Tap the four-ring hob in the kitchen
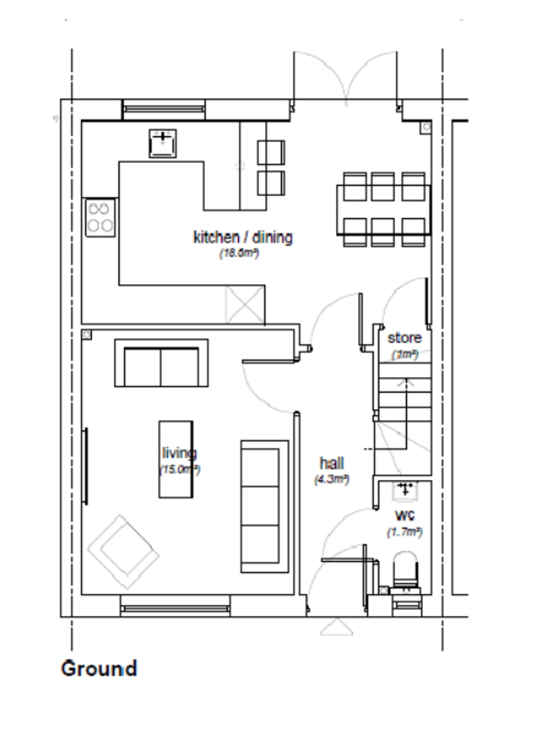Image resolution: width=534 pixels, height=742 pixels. (100, 217)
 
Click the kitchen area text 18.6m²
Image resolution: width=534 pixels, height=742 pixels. (239, 253)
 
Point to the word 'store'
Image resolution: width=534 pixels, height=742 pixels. (404, 338)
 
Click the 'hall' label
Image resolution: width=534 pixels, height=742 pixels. (332, 463)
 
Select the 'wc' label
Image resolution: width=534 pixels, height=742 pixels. (405, 516)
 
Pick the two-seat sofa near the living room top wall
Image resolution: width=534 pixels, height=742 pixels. (161, 363)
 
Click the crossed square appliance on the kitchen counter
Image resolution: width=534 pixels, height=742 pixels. (245, 304)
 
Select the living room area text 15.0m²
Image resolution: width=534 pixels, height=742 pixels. (179, 470)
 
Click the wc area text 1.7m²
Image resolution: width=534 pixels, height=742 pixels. (405, 532)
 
